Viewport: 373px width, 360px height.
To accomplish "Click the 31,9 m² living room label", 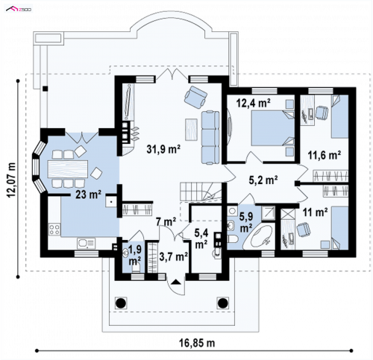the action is click(x=163, y=149).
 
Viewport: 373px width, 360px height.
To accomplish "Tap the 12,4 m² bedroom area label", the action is click(x=254, y=103).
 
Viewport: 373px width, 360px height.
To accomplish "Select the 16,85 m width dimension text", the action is click(x=197, y=343).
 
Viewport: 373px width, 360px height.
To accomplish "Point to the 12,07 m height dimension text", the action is click(x=11, y=180).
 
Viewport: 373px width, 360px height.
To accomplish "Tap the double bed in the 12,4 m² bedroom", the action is click(x=273, y=128).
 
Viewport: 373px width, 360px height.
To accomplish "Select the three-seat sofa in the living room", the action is click(x=210, y=138).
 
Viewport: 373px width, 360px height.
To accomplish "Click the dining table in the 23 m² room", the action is click(x=68, y=169).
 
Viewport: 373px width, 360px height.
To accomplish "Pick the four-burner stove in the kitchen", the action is click(x=54, y=229).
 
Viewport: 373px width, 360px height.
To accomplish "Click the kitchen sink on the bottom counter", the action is click(x=86, y=244).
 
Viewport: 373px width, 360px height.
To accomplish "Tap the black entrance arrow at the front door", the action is click(x=176, y=282).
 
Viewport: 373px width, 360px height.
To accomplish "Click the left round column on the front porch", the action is click(x=121, y=303).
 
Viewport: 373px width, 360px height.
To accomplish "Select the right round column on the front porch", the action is click(x=222, y=303).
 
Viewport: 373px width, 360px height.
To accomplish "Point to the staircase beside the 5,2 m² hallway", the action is click(x=200, y=191).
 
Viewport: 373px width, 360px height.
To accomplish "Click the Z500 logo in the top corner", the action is click(x=19, y=10).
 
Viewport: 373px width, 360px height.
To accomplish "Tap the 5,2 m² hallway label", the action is click(x=263, y=180).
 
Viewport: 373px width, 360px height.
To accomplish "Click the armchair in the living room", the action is click(x=195, y=97).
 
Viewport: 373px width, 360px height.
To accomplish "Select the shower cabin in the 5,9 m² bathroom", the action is click(x=268, y=213).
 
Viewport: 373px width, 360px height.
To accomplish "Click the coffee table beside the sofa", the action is click(x=191, y=129).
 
